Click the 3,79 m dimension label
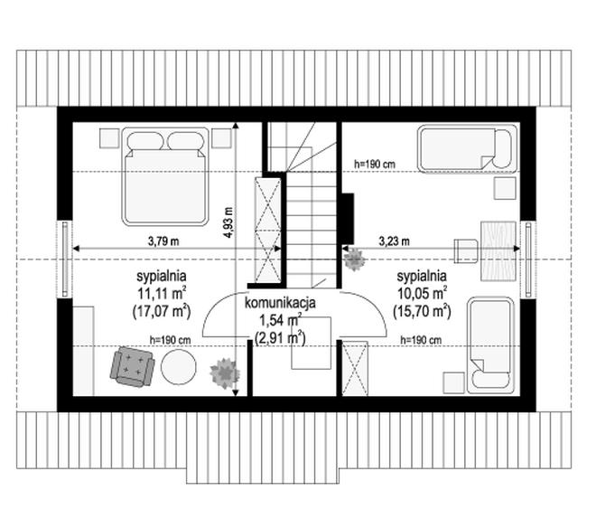click(163, 241)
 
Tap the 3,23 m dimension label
click(394, 241)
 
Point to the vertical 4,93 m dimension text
click(228, 222)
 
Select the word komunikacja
click(280, 303)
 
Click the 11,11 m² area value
click(162, 293)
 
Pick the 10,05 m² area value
click(423, 293)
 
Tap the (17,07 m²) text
click(162, 311)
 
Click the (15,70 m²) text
click(423, 311)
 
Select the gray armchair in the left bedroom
click(132, 366)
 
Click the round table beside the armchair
click(179, 367)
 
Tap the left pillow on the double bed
click(144, 141)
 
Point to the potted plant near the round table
click(225, 373)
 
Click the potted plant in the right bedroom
click(355, 259)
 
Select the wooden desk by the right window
click(498, 250)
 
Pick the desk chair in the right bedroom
click(466, 251)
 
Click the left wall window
click(65, 259)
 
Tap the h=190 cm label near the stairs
click(375, 165)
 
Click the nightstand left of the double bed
click(109, 138)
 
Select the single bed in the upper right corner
click(467, 149)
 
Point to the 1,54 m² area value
click(281, 321)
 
